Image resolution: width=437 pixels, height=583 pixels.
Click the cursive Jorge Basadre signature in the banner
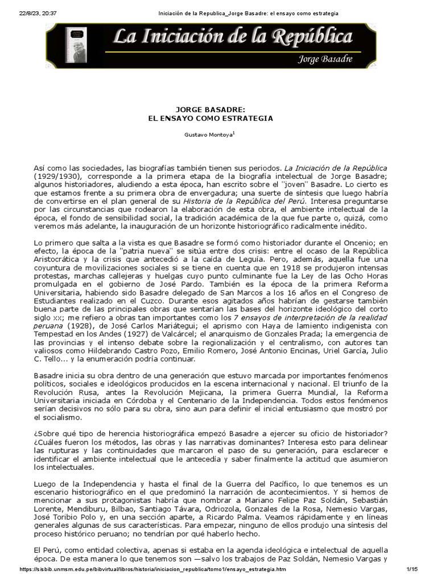pos(321,59)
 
